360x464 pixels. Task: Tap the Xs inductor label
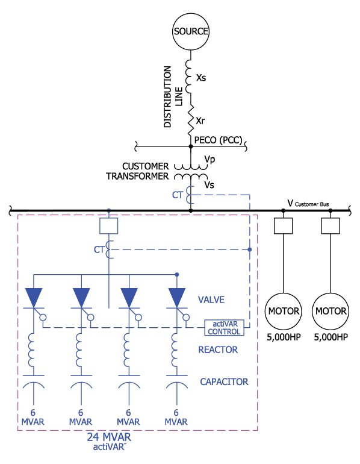coord(201,78)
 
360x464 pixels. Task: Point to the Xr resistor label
coord(200,121)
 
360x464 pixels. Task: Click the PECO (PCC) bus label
coord(218,140)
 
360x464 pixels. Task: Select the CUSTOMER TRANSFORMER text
coord(137,171)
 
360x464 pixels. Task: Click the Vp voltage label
coord(209,160)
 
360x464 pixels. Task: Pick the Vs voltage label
coord(209,185)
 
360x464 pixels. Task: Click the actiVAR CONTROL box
coord(225,328)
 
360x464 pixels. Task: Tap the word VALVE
coord(211,299)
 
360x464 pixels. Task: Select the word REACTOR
coord(218,350)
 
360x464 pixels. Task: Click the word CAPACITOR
coord(224,381)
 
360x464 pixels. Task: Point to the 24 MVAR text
coord(109,437)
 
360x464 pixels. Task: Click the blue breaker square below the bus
coord(109,226)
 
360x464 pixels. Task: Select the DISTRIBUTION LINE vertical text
coord(173,97)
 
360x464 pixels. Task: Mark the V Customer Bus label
coord(308,203)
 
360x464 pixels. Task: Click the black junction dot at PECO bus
coord(191,146)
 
